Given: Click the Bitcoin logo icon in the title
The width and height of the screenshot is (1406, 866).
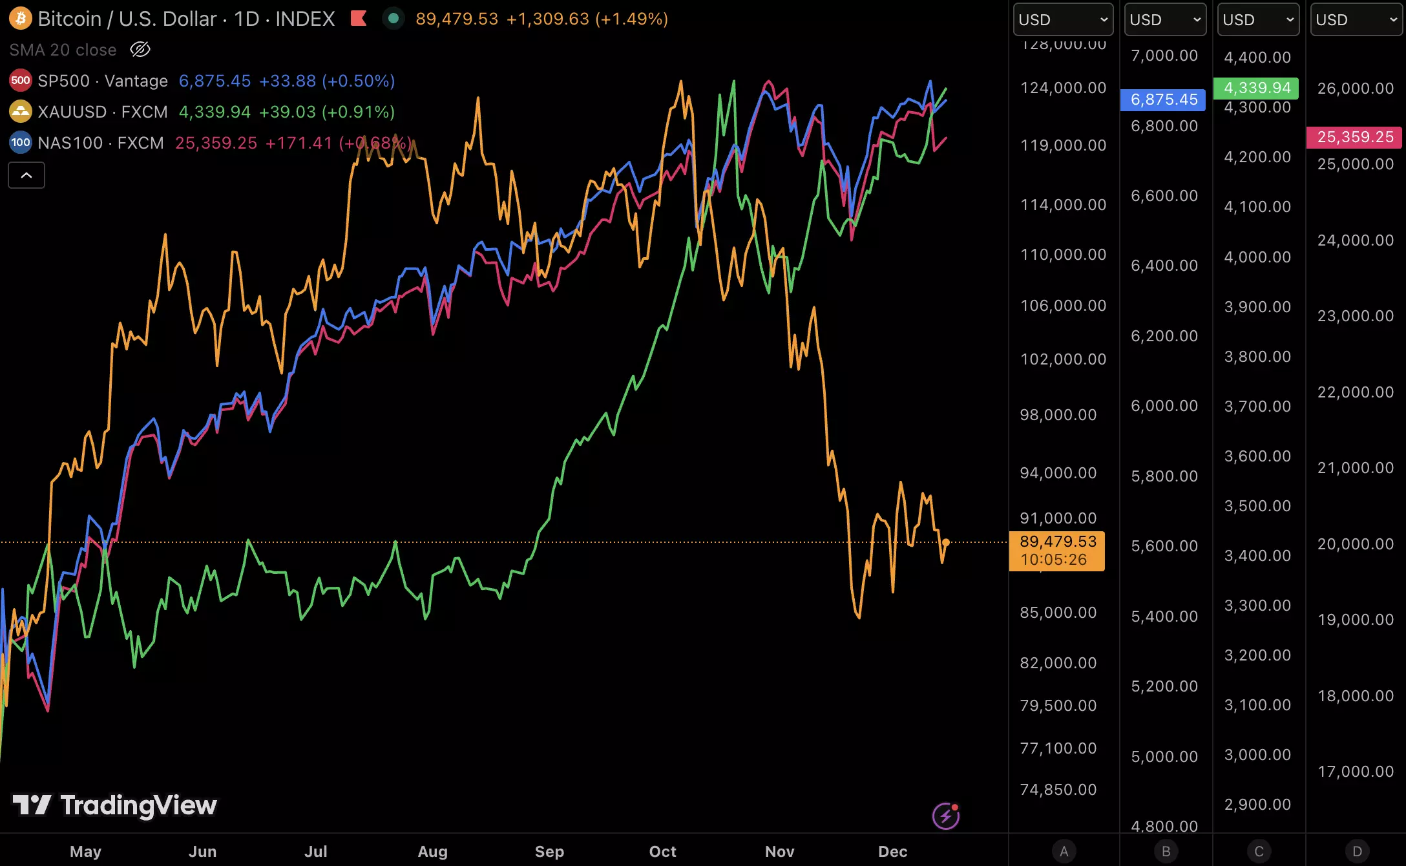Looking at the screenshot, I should click(20, 19).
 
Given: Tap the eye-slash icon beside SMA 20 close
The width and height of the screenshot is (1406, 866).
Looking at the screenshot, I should click(140, 50).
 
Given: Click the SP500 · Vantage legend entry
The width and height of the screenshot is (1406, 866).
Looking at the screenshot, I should click(102, 81).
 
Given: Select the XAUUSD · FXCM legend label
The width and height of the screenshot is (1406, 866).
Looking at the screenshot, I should click(102, 112).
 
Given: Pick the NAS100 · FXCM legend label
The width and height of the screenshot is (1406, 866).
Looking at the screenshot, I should click(100, 143).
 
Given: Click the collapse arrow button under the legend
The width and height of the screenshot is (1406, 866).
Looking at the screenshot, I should click(26, 175).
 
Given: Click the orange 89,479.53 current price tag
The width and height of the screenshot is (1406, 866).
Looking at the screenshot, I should click(1057, 551).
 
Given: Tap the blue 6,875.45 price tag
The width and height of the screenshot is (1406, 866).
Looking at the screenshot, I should click(1163, 100).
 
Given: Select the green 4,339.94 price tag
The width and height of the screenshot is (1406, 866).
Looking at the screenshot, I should click(1256, 88).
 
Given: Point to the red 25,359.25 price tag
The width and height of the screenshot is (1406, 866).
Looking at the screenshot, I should click(1354, 137).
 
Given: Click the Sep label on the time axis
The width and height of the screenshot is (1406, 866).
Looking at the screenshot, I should click(549, 851).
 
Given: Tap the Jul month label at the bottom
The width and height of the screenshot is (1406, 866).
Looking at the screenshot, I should click(315, 851).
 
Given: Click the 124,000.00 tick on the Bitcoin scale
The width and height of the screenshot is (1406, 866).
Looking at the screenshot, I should click(1063, 88).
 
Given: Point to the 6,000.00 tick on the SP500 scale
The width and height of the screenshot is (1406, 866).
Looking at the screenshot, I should click(1164, 406).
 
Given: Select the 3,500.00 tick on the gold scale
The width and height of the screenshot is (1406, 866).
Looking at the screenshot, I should click(1257, 506).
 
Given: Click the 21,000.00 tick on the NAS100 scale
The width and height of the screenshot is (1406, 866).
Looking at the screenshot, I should click(1355, 468).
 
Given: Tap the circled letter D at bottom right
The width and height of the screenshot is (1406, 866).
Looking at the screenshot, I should click(1357, 851).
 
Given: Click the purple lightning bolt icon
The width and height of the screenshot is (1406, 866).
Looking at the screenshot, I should click(945, 816).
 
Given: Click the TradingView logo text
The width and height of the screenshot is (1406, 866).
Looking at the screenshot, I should click(138, 805).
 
